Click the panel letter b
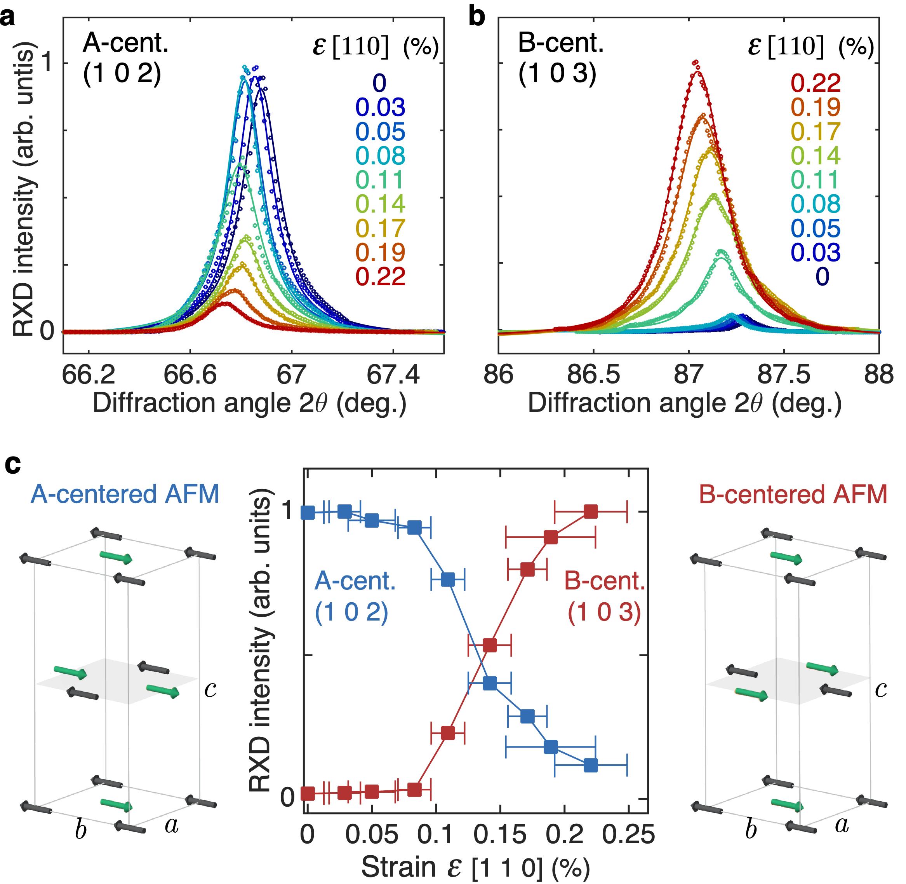(x=477, y=17)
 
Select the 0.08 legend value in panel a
(x=381, y=155)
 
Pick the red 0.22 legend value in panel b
(x=815, y=83)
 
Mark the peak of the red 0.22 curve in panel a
(x=226, y=303)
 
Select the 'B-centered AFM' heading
(x=793, y=494)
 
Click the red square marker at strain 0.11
(x=447, y=733)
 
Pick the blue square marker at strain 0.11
(x=447, y=579)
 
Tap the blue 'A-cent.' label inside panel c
(x=355, y=581)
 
